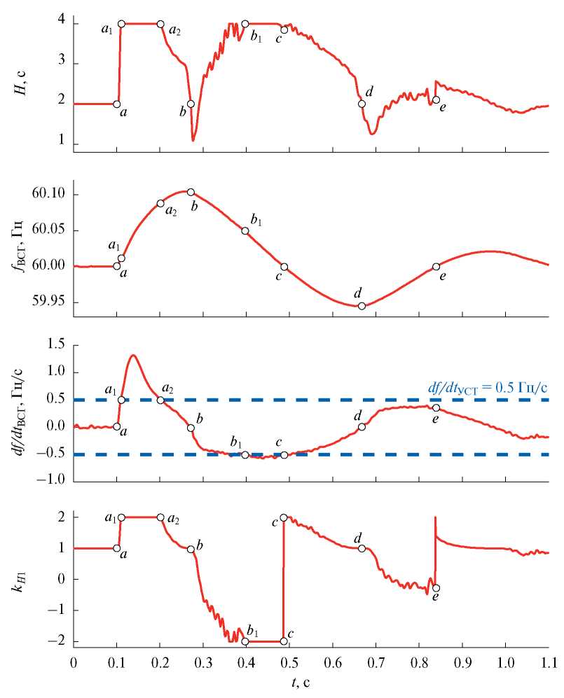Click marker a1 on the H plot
click(x=121, y=24)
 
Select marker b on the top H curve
click(x=191, y=104)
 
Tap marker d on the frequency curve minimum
click(x=362, y=305)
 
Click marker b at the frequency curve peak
click(x=191, y=192)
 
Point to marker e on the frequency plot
click(x=436, y=266)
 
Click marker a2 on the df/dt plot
click(x=160, y=400)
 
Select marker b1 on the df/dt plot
click(x=245, y=454)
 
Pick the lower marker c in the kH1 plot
click(x=284, y=641)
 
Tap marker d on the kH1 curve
click(x=362, y=548)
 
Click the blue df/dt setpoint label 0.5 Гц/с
click(x=488, y=387)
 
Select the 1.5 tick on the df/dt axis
click(x=53, y=346)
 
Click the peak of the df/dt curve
click(x=133, y=355)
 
